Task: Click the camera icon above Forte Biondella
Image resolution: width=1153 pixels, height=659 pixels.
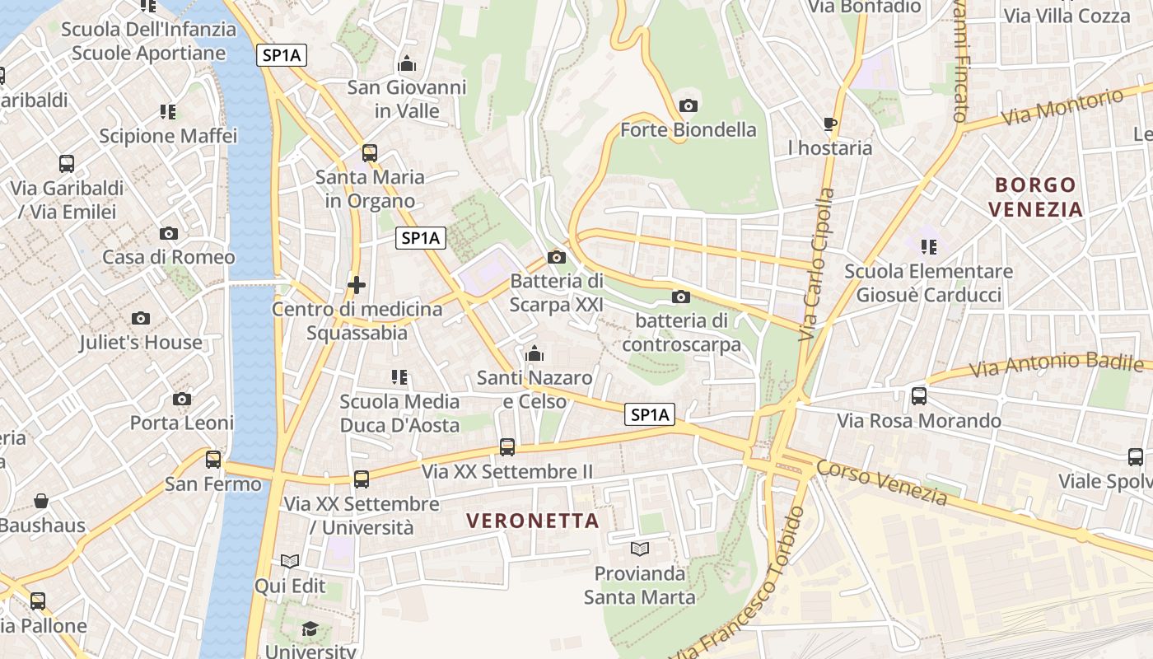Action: click(x=689, y=105)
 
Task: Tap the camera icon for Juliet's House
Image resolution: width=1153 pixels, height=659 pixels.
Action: click(x=141, y=318)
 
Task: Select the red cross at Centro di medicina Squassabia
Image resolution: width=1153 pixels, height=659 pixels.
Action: click(x=357, y=285)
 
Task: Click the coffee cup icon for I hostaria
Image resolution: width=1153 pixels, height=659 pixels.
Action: click(x=830, y=124)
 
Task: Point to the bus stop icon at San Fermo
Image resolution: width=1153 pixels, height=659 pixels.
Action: click(x=213, y=459)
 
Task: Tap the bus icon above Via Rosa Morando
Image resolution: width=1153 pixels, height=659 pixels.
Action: click(x=919, y=396)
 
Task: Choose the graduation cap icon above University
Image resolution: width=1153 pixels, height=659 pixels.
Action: click(x=310, y=629)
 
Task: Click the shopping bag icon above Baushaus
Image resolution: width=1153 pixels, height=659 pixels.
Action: click(x=41, y=500)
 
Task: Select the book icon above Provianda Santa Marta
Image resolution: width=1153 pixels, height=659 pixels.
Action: click(x=640, y=549)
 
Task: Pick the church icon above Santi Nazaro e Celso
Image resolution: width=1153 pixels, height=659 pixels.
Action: click(x=534, y=353)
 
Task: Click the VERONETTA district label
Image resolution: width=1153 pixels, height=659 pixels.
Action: click(x=533, y=521)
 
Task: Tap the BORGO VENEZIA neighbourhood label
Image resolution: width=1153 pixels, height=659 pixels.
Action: click(x=1035, y=197)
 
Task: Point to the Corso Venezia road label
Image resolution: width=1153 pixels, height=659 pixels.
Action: click(x=882, y=481)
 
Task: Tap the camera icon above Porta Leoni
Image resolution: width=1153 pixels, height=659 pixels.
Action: click(x=182, y=399)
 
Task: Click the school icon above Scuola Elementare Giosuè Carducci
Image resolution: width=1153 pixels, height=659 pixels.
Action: click(x=929, y=246)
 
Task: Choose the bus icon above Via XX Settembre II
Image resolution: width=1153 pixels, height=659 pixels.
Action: click(x=507, y=447)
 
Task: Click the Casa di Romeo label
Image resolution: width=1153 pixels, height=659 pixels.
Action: click(x=168, y=257)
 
